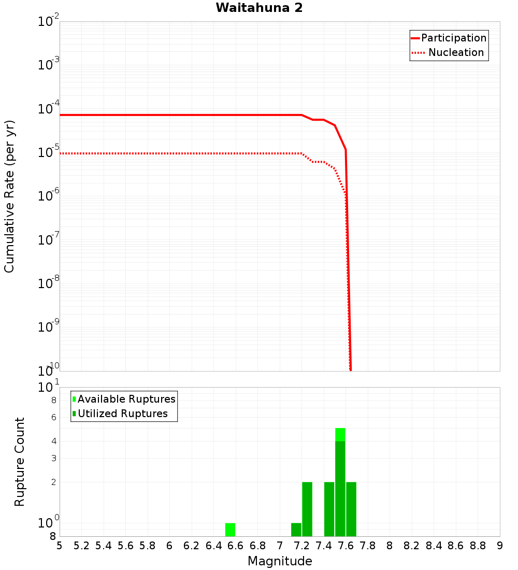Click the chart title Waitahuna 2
tap(259, 8)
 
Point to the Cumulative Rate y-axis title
tap(9, 196)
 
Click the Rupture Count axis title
tap(20, 461)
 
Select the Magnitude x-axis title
tap(280, 561)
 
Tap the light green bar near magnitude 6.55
tap(230, 530)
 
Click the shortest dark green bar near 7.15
tap(296, 530)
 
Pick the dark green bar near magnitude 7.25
tap(307, 509)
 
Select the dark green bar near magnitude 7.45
tap(329, 509)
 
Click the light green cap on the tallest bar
tap(340, 434)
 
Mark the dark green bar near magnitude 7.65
tap(351, 509)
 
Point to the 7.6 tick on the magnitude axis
tap(346, 546)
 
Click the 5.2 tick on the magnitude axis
tap(82, 546)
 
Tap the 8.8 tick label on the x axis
tap(478, 546)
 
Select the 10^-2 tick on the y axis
tap(49, 22)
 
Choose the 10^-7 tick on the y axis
tap(49, 240)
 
